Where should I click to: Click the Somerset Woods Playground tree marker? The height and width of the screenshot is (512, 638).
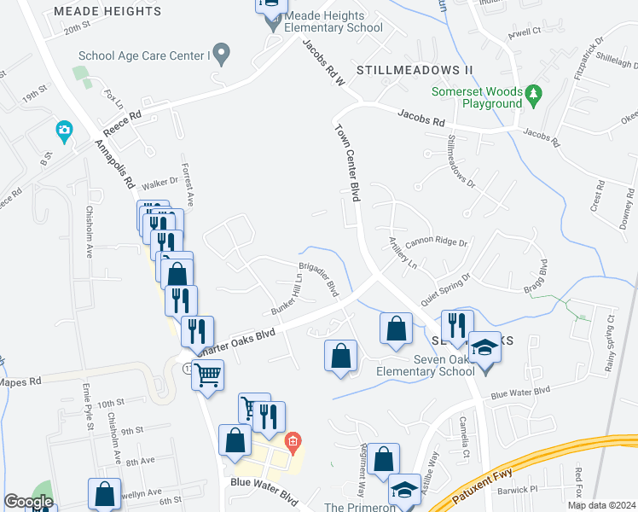click(534, 91)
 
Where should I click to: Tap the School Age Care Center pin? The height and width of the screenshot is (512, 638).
click(222, 55)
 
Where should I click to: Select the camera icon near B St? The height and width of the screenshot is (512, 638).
click(63, 132)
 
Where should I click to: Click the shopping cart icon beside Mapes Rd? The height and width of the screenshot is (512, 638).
click(207, 374)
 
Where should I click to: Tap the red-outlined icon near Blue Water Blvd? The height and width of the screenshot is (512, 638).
click(293, 442)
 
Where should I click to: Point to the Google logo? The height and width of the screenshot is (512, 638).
click(28, 502)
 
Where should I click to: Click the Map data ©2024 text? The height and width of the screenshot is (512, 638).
click(601, 504)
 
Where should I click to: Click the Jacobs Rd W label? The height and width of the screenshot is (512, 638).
click(321, 65)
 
